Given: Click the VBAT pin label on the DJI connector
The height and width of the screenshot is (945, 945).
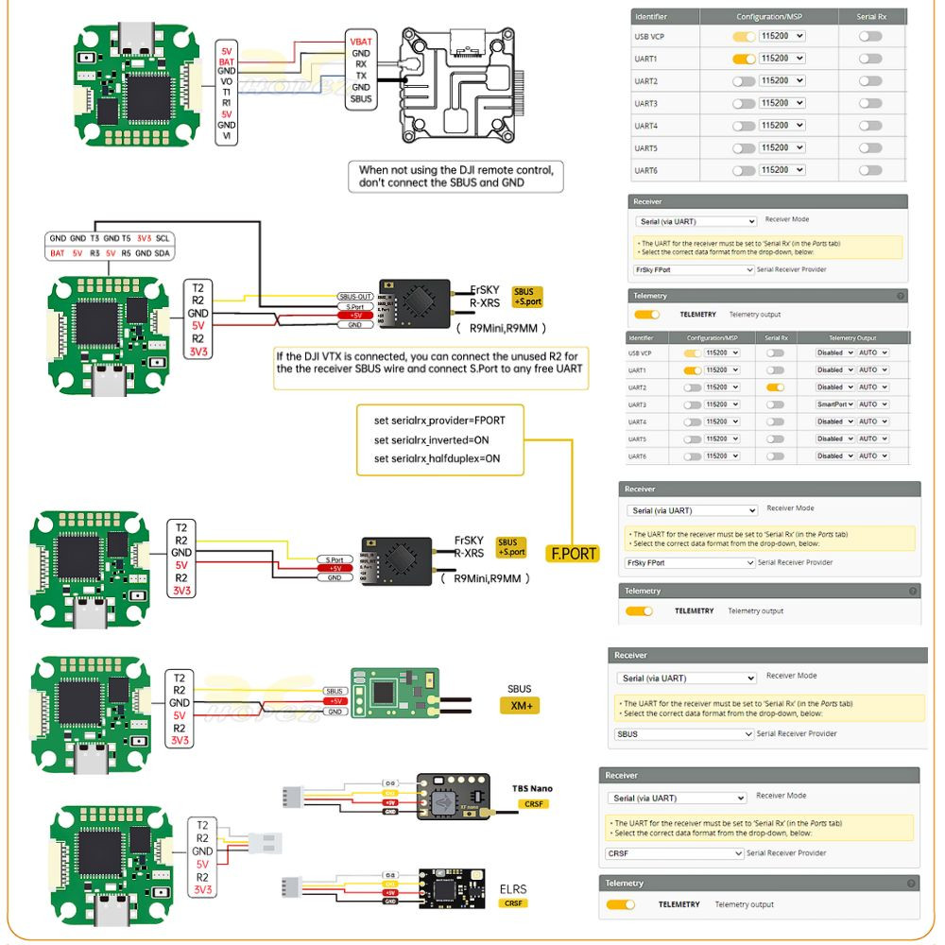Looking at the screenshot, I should pyautogui.click(x=361, y=42).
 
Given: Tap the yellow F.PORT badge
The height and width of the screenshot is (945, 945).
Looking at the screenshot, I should pyautogui.click(x=574, y=553).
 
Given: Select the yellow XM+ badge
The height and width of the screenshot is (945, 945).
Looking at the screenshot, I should pyautogui.click(x=520, y=706).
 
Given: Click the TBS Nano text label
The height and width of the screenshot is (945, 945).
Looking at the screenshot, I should pyautogui.click(x=532, y=788).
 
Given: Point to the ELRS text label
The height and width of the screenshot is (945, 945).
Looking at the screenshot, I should pyautogui.click(x=513, y=889).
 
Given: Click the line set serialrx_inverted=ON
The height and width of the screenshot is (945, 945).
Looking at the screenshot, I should pyautogui.click(x=431, y=439).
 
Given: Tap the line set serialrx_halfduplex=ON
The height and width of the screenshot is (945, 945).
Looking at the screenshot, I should pyautogui.click(x=437, y=458).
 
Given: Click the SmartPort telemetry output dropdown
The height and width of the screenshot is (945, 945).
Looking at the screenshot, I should pyautogui.click(x=835, y=404).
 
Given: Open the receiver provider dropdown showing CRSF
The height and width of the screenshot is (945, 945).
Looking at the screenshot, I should pyautogui.click(x=675, y=853).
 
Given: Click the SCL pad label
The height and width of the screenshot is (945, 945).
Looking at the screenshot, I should pyautogui.click(x=163, y=239).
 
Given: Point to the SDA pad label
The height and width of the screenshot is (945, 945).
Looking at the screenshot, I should pyautogui.click(x=163, y=253).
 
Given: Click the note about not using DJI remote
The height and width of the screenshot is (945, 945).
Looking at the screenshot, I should pyautogui.click(x=455, y=177).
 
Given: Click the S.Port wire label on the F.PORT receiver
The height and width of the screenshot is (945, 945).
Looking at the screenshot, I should pyautogui.click(x=335, y=559).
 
